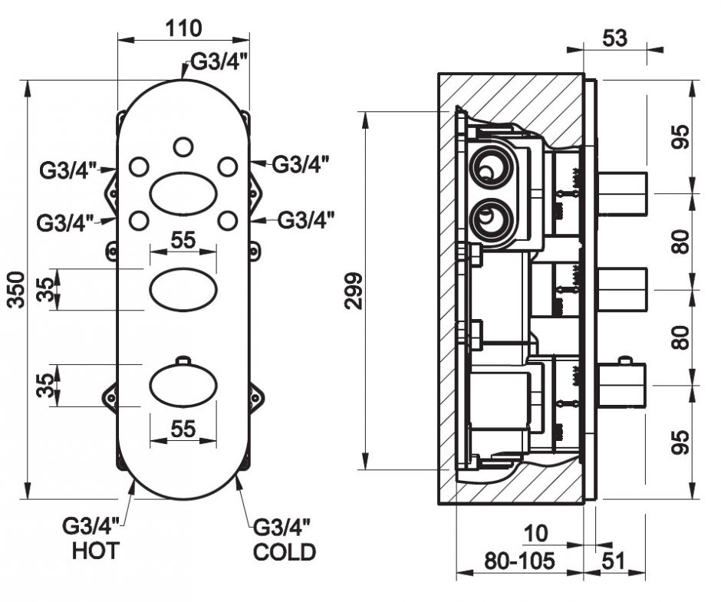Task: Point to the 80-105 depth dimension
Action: click(519, 561)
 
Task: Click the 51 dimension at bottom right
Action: click(611, 561)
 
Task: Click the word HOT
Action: click(94, 551)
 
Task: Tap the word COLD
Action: click(284, 551)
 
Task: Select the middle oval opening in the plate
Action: click(182, 289)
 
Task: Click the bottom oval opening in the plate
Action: click(182, 387)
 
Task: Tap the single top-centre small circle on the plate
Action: click(182, 146)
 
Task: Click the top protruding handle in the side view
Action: click(622, 193)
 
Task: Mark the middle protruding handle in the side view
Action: click(622, 289)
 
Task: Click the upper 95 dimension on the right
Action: click(679, 137)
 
